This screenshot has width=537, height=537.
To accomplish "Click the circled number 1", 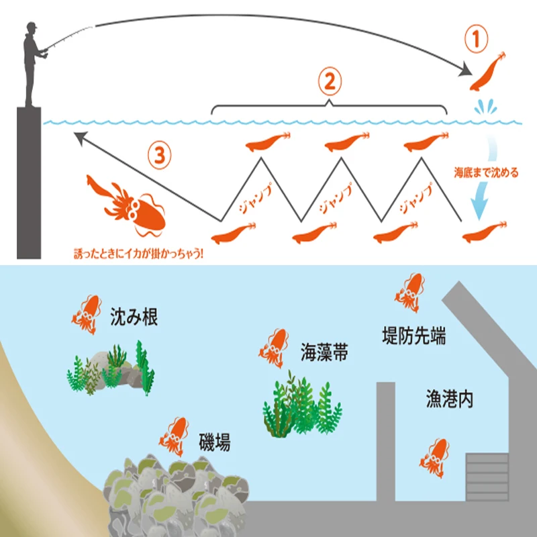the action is [476, 39].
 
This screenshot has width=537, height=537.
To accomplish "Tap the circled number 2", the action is [330, 81].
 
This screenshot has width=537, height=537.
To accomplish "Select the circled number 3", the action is [160, 155].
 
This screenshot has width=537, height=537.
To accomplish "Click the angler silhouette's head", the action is [31, 28].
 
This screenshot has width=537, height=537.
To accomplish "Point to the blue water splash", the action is [485, 107].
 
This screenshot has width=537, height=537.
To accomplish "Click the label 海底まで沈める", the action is [486, 173].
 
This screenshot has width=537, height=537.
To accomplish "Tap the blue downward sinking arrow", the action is [483, 178].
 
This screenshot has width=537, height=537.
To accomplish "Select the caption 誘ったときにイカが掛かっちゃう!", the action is [139, 254].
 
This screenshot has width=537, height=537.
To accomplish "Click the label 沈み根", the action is [134, 317].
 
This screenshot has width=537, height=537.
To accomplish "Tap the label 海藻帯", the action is [324, 352].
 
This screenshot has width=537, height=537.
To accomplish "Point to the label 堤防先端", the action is [414, 336].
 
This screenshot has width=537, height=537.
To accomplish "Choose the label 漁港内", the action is [450, 399].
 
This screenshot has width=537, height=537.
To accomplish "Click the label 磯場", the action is [215, 442].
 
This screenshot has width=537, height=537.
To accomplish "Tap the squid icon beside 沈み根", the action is [87, 314].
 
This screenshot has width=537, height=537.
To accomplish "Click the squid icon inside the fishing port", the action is [434, 458].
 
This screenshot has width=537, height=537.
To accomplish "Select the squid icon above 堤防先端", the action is [409, 293].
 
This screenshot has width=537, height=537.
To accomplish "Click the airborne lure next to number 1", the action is [488, 71].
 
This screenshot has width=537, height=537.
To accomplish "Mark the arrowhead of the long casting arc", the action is [466, 70].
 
